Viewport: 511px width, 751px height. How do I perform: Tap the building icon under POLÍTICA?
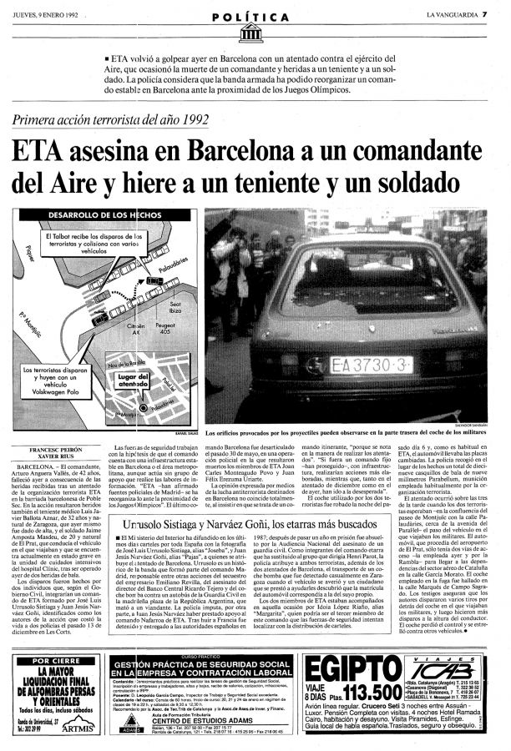click(250, 32)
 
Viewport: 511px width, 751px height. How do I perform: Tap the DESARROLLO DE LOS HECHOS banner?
click(101, 214)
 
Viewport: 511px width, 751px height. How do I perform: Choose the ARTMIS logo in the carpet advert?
click(79, 728)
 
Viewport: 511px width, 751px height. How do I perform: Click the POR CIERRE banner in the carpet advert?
click(54, 661)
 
